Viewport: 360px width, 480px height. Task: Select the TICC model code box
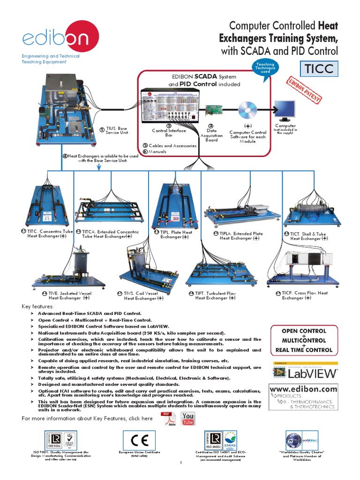pos(319,69)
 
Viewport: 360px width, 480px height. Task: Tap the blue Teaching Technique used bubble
pos(266,68)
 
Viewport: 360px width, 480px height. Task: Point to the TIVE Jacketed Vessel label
pos(69,295)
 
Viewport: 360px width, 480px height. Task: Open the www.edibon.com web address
pos(303,389)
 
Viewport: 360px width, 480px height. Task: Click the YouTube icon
pos(187,419)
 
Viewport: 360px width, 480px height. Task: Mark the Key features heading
pos(38,306)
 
